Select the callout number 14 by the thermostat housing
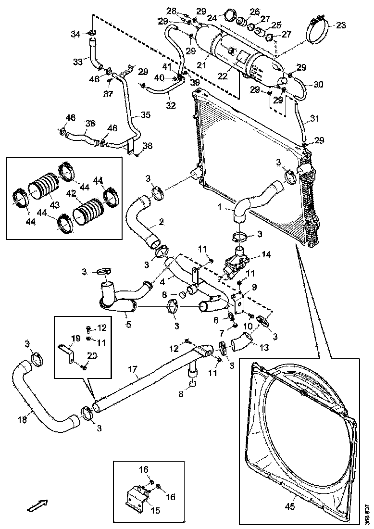tap(265, 254)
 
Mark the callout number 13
tap(264, 347)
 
